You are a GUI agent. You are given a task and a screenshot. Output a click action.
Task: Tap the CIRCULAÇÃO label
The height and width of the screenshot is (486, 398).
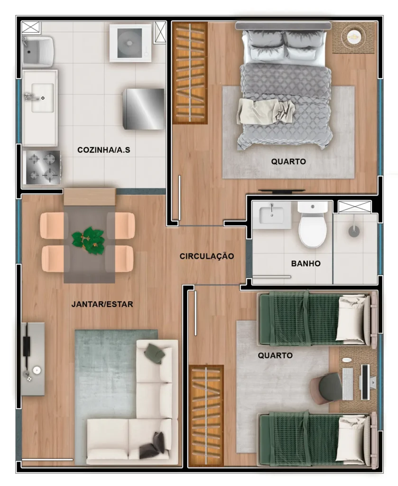click(207, 256)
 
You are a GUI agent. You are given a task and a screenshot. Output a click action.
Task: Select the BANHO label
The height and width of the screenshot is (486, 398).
click(305, 263)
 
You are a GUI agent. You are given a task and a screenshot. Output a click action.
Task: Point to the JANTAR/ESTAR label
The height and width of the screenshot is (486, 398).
click(102, 304)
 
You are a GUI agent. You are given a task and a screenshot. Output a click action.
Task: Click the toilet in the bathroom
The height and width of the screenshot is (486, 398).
click(313, 225)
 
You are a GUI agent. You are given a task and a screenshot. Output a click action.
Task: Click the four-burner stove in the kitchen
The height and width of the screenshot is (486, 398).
click(42, 168)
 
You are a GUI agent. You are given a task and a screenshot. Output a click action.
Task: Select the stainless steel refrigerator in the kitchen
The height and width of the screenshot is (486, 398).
click(143, 108)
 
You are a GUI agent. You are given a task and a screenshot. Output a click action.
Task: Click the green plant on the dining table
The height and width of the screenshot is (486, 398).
click(89, 240)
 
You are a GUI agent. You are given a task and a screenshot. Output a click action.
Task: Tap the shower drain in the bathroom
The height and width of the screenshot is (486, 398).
click(354, 231)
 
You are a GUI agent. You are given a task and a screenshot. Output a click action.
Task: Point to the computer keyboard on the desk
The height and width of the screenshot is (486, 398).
click(348, 383)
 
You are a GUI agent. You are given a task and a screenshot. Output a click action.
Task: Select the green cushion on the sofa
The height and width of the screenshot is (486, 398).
click(155, 353)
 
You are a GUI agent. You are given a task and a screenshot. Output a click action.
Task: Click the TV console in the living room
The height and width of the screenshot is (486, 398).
click(33, 359)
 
